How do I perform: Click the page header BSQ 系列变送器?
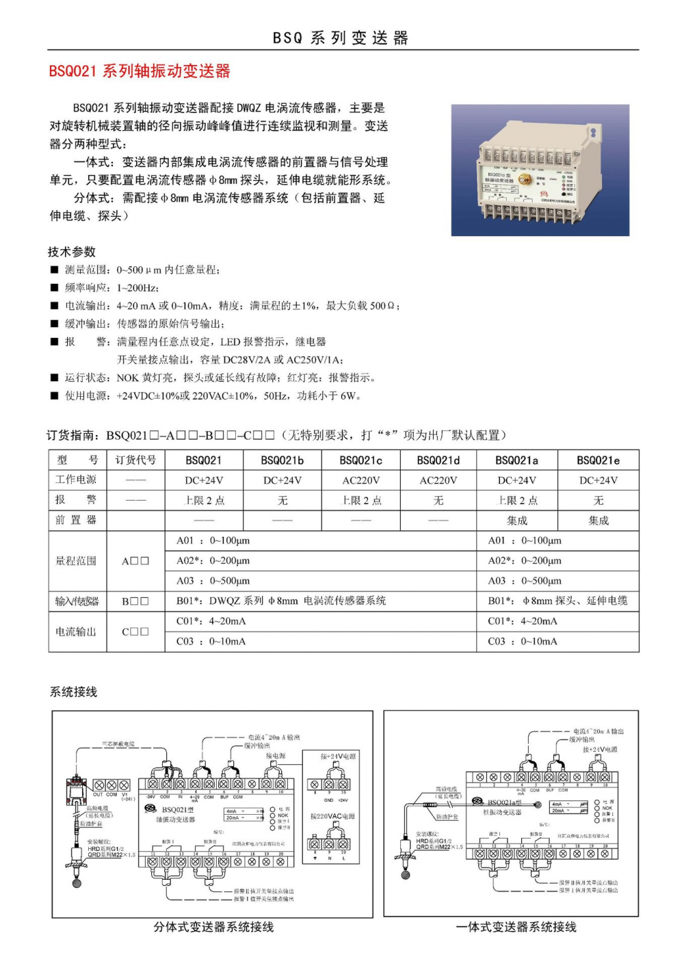tap(341, 38)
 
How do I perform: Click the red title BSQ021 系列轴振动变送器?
tap(140, 71)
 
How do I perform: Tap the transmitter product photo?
tap(540, 170)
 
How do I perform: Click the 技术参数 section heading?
tap(72, 252)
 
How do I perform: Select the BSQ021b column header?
tap(282, 460)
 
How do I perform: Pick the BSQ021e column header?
tap(598, 460)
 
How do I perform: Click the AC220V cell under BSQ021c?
tap(360, 480)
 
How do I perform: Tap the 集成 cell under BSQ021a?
tap(517, 521)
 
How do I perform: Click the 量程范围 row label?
tap(76, 561)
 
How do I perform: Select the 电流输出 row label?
tap(76, 631)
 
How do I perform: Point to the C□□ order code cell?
tap(135, 631)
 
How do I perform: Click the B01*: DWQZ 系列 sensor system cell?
tap(281, 601)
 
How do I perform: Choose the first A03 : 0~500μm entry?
tap(213, 581)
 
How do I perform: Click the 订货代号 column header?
tap(135, 460)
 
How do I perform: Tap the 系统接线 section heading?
tap(74, 692)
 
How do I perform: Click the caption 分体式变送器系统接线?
tap(213, 927)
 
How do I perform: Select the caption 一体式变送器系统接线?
tap(516, 927)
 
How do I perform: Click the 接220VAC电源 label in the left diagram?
tap(332, 816)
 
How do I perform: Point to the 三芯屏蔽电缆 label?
tap(118, 744)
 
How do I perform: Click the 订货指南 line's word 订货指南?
tap(73, 435)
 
